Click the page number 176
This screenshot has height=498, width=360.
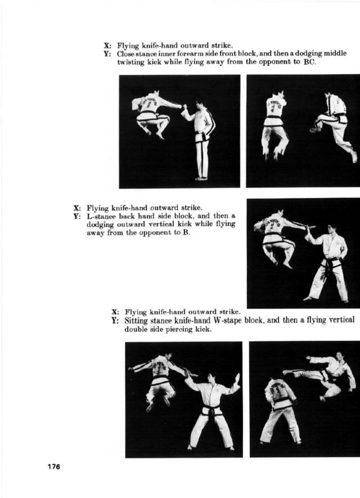pyautogui.click(x=53, y=467)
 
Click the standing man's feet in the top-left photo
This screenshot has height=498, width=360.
pyautogui.click(x=201, y=179)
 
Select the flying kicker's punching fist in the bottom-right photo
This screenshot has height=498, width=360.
pyautogui.click(x=308, y=358)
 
